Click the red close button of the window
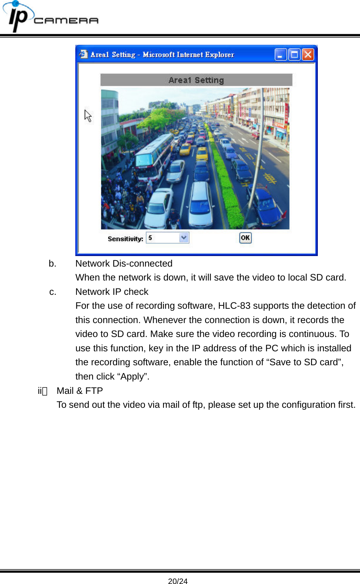308,55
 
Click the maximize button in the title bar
294,55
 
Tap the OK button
245,238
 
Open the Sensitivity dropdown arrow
184,238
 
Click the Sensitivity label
125,239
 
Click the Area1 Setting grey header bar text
196,80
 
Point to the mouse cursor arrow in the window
88,115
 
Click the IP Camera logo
51,17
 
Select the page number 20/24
178,581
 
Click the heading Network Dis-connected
124,264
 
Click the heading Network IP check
112,292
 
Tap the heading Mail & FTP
79,391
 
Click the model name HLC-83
234,306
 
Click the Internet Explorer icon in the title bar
83,55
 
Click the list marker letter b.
52,264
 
